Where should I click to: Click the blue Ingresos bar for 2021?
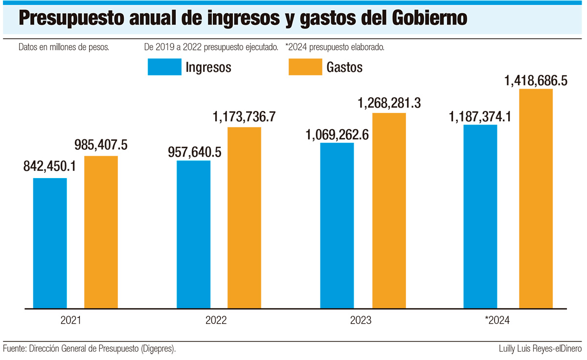pos(50,243)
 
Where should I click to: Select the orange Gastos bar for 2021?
pos(101,232)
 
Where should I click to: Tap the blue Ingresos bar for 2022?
pos(194,234)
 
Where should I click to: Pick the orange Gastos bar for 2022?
pos(244,218)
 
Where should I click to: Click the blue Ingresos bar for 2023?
pos(337,225)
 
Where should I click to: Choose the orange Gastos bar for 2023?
pos(389,211)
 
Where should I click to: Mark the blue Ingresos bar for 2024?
pos(480,217)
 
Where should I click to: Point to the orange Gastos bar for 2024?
pos(536,199)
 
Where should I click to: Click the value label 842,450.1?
pos(49,167)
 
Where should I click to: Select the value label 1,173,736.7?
pos(244,117)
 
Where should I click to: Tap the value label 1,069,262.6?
pos(338,134)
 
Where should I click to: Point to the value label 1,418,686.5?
pos(536,80)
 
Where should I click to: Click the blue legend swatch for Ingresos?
pos(164,67)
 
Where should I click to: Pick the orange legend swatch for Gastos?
pos(305,67)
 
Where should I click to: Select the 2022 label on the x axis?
pos(216,321)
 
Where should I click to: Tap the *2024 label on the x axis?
pos(497,321)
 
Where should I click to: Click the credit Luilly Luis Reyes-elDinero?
pos(540,349)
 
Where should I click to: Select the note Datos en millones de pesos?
pos(63,47)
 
